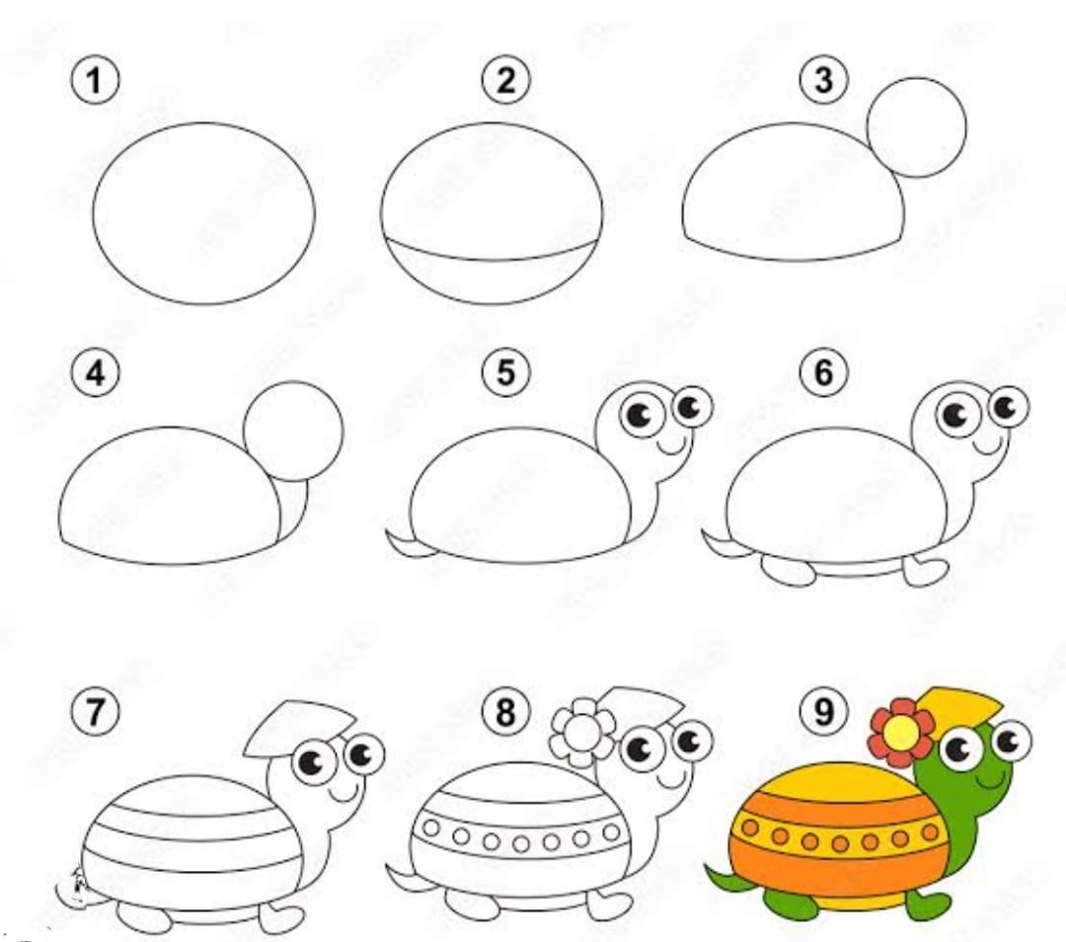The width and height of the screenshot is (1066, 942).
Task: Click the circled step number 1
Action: (x=95, y=79)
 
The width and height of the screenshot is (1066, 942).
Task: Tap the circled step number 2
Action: (x=505, y=79)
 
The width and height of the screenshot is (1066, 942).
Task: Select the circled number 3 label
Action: (x=823, y=79)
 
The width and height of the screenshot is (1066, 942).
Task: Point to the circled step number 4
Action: (x=95, y=373)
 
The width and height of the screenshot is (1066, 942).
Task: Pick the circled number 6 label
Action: (x=823, y=373)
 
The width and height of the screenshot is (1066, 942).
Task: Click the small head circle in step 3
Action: (x=916, y=127)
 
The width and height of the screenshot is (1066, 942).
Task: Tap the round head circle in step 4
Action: (x=293, y=432)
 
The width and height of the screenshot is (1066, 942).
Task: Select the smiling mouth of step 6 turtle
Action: (x=988, y=444)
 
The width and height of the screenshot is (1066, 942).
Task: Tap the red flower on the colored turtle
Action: (x=899, y=732)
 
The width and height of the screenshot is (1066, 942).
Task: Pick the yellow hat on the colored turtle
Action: (x=958, y=706)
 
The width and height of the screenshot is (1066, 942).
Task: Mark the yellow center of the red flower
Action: (x=899, y=732)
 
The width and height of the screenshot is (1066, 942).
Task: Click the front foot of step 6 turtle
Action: (x=926, y=570)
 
